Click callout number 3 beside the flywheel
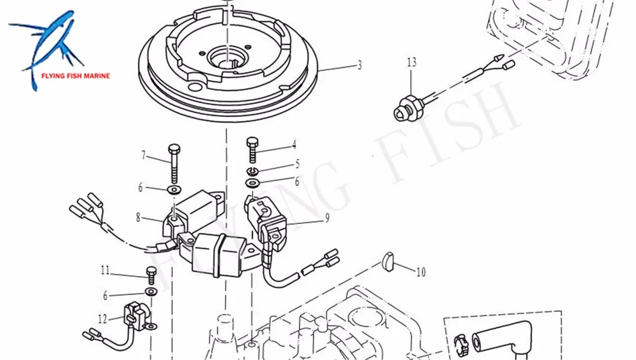[359, 65]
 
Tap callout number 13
[411, 62]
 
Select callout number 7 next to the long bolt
[144, 155]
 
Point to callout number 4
[294, 144]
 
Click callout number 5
[296, 163]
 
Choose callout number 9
[327, 218]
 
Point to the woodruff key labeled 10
[389, 260]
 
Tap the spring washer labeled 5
[253, 172]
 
